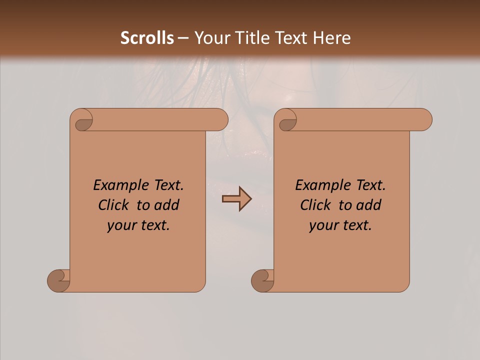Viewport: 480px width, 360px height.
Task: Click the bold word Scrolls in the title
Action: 147,38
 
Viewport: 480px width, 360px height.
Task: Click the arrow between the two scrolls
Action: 236,199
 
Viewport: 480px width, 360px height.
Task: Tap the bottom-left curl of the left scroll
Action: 59,280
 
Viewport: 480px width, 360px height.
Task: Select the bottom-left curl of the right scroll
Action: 263,280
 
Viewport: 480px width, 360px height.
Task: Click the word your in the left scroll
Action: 121,225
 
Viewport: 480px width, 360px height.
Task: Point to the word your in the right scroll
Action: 323,225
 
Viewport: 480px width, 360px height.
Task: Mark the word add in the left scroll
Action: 167,205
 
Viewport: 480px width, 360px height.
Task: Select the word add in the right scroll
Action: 369,205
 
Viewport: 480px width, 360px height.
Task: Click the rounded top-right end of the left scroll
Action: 220,120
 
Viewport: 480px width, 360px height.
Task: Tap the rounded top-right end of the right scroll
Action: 424,120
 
